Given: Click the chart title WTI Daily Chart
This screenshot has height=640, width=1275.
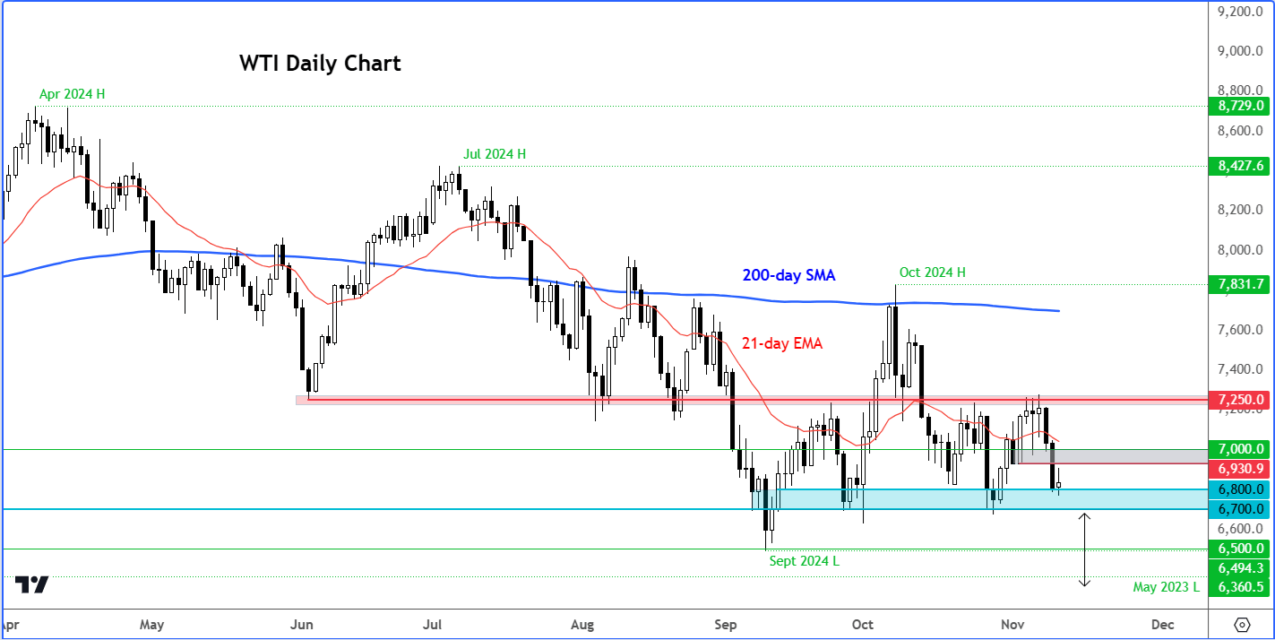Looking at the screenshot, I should pyautogui.click(x=320, y=64).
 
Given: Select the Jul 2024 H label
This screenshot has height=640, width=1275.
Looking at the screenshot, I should pyautogui.click(x=495, y=154).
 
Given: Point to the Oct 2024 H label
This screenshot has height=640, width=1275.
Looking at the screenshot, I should pyautogui.click(x=932, y=272).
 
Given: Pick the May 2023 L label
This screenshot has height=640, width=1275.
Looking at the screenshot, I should pyautogui.click(x=1166, y=587).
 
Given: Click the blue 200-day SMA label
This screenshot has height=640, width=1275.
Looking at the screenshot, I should pyautogui.click(x=788, y=276).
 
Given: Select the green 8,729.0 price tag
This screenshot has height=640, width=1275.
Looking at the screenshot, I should pyautogui.click(x=1240, y=106).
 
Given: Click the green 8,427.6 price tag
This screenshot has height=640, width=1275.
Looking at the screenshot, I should pyautogui.click(x=1240, y=166).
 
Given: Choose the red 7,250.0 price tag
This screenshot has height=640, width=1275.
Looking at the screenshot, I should pyautogui.click(x=1240, y=399).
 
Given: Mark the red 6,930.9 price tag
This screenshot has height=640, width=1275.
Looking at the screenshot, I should pyautogui.click(x=1240, y=469).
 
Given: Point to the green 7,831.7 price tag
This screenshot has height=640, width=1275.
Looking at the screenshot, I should pyautogui.click(x=1240, y=285).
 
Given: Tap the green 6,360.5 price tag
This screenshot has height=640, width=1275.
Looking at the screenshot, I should pyautogui.click(x=1240, y=587).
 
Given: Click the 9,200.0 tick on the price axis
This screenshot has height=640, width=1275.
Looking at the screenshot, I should pyautogui.click(x=1240, y=12).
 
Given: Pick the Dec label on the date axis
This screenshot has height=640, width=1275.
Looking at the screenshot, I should pyautogui.click(x=1162, y=624).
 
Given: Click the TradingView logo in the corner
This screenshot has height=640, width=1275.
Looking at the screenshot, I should pyautogui.click(x=33, y=585).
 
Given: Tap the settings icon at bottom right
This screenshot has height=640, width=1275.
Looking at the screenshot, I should pyautogui.click(x=1242, y=624).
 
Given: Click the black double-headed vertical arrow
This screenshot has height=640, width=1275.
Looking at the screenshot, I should pyautogui.click(x=1084, y=549).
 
